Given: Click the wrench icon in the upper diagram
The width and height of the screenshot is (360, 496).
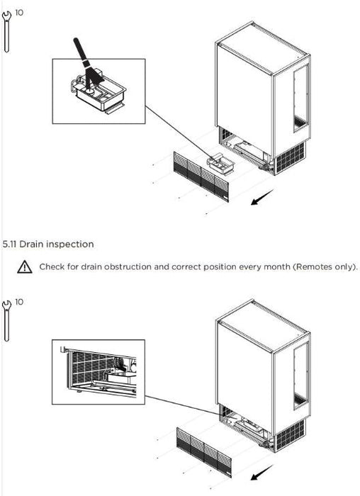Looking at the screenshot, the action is coord(6,32).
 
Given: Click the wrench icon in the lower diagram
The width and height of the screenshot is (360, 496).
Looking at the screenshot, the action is coord(6,321).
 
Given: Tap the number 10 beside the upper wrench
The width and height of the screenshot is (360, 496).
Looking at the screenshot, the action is coord(19,13).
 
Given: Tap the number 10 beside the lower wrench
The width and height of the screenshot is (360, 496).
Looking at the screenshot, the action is coord(19,302).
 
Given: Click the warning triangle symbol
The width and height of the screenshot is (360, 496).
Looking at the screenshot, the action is coord(25,267).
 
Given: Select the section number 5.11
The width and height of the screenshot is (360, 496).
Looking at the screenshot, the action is coord(9,244).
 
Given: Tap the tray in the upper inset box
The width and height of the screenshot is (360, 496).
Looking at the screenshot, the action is coord(99,94).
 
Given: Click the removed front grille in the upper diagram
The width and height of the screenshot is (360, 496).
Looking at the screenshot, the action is coord(201,176).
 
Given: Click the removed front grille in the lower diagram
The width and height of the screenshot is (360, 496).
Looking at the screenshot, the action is coord(204,452).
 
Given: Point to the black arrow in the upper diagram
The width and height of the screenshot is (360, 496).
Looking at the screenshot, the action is coord(262,197).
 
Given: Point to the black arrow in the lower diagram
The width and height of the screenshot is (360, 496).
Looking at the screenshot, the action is coord(262,473).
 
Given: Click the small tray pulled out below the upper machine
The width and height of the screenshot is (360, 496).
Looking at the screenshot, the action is coord(220,163).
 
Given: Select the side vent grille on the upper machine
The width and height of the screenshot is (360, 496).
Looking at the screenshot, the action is coord(290,158).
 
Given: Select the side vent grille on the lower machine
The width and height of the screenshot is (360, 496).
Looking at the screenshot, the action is coord(290,436).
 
